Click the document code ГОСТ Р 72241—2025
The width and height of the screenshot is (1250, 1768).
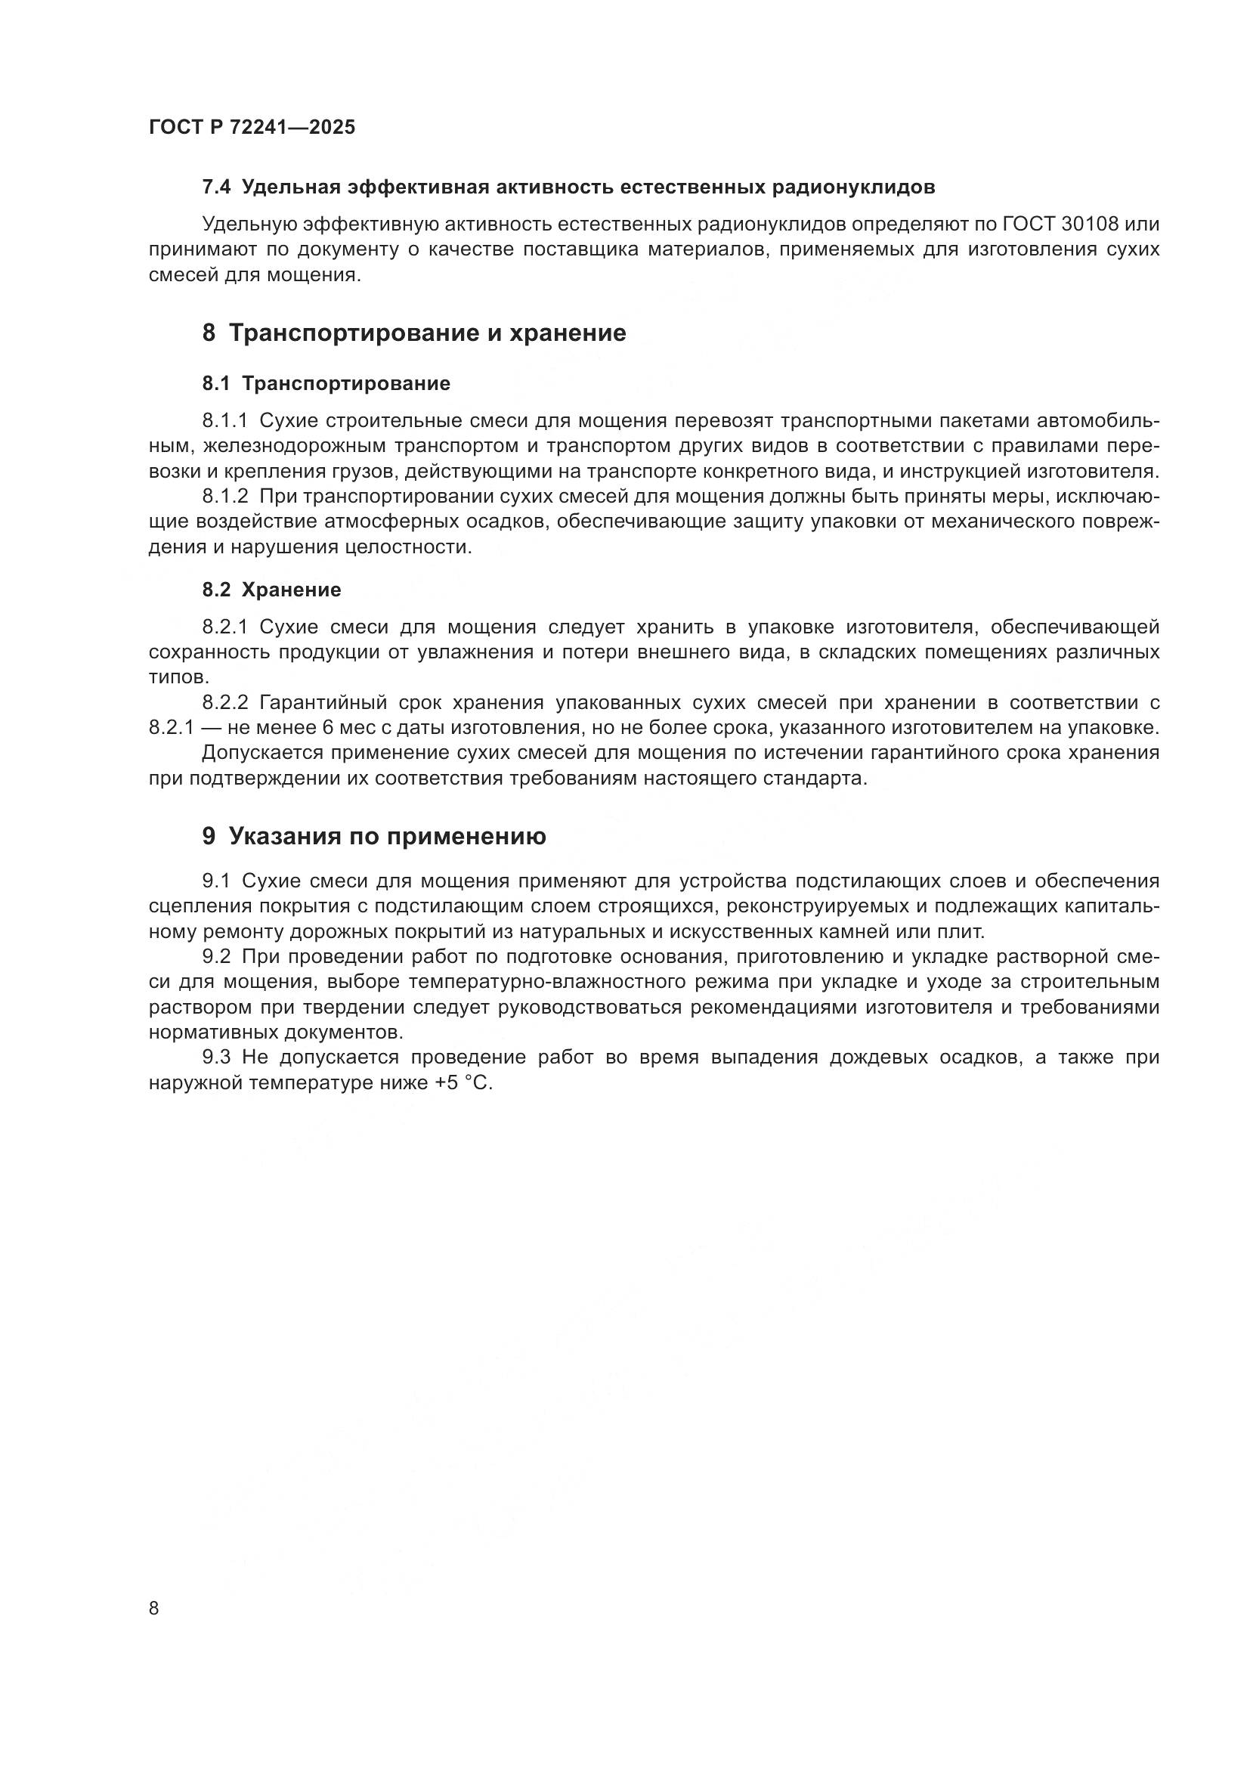(252, 128)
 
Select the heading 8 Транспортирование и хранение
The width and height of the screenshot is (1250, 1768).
(414, 333)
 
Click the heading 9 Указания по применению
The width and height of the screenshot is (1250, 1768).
(374, 836)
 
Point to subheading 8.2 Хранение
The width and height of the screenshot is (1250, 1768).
(272, 590)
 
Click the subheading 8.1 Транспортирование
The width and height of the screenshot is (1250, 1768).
(326, 383)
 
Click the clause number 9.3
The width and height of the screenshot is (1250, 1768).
(216, 1058)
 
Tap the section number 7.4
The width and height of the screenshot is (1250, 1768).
(216, 187)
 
